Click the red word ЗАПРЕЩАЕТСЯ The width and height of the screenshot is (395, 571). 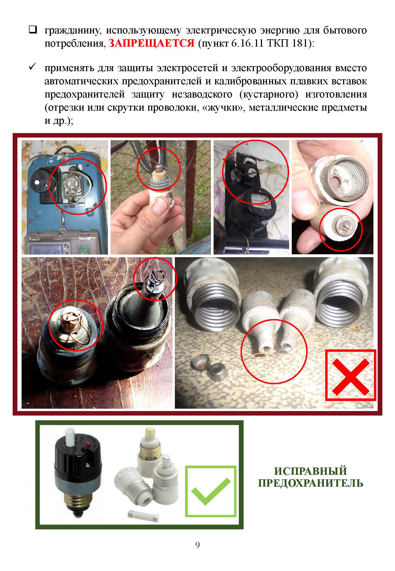pos(151,43)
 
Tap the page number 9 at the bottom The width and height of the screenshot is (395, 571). pos(197,545)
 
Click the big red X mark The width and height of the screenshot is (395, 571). pos(351,379)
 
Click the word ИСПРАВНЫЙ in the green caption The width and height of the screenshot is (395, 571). pos(310,471)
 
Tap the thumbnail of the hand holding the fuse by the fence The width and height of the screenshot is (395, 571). pos(161,197)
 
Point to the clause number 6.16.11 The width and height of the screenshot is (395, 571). pos(248,43)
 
